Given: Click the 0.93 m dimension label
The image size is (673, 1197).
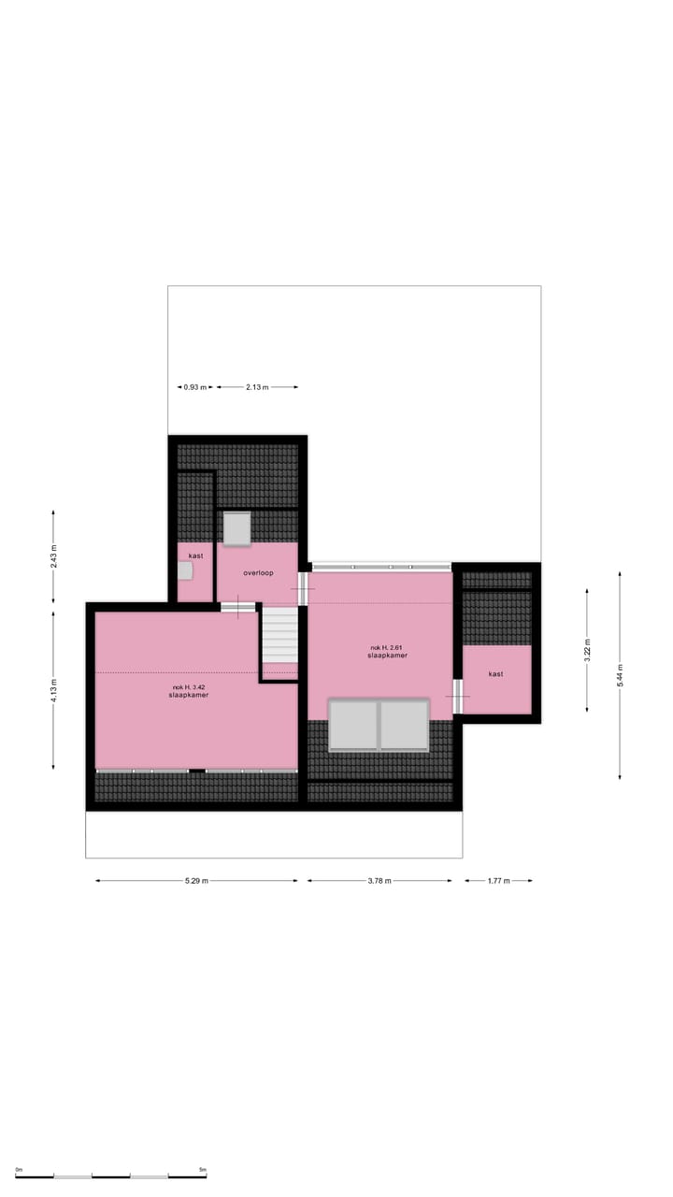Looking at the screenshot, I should [195, 387].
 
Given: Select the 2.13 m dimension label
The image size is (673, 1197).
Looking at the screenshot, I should [257, 387].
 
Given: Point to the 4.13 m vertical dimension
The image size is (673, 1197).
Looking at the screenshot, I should [53, 689].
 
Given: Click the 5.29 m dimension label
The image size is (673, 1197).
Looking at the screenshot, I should [196, 881].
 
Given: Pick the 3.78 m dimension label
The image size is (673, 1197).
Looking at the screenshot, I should [379, 881].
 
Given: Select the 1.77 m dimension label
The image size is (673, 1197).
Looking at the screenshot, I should [497, 881].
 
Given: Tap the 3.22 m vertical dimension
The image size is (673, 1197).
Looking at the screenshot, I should [587, 650].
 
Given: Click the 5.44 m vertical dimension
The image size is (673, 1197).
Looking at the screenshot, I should [620, 675].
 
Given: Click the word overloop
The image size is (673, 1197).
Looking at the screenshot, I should [258, 572].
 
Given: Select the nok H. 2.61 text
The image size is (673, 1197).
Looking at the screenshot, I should [387, 647].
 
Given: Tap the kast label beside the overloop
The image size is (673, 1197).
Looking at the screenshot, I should [195, 555].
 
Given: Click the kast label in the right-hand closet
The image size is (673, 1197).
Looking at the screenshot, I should [495, 673].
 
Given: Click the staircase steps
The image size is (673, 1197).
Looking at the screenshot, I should [279, 636].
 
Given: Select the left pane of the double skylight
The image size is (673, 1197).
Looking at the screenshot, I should [353, 725].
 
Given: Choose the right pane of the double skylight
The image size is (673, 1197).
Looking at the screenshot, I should [404, 725].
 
